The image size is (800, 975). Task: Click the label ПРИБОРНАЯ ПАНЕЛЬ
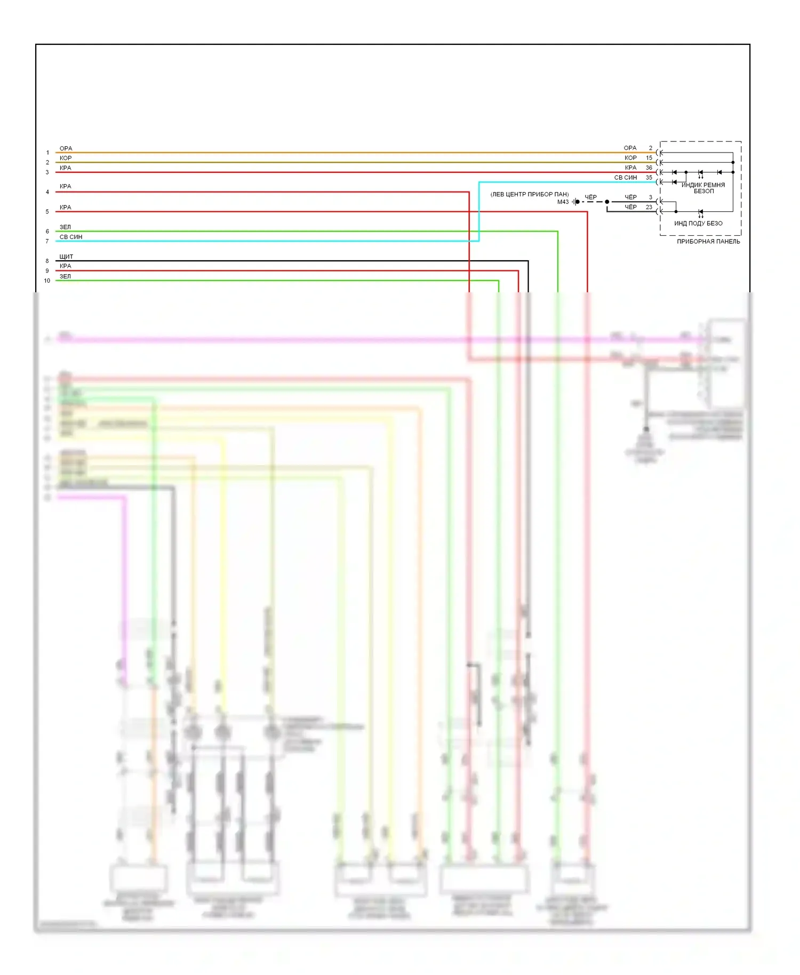pyautogui.click(x=708, y=242)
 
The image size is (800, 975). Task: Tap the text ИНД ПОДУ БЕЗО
pyautogui.click(x=698, y=223)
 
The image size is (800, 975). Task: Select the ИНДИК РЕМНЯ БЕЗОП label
pyautogui.click(x=703, y=188)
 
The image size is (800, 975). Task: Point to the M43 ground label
pyautogui.click(x=563, y=202)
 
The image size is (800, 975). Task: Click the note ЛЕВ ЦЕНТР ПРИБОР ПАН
pyautogui.click(x=530, y=195)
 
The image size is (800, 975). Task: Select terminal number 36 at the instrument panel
pyautogui.click(x=649, y=167)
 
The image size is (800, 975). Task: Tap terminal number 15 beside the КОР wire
pyautogui.click(x=649, y=158)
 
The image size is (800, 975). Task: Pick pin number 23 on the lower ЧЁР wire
pyautogui.click(x=649, y=207)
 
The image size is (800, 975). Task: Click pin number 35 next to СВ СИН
pyautogui.click(x=649, y=178)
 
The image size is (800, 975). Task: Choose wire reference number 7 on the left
pyautogui.click(x=47, y=242)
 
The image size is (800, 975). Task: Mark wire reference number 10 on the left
pyautogui.click(x=47, y=281)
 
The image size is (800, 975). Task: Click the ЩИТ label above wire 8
pyautogui.click(x=66, y=257)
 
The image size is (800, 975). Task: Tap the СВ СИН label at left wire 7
pyautogui.click(x=71, y=237)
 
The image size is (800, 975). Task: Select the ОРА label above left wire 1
pyautogui.click(x=66, y=148)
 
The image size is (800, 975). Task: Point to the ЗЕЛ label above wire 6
pyautogui.click(x=65, y=227)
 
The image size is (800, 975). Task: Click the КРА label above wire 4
pyautogui.click(x=65, y=186)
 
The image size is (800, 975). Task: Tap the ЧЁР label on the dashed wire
pyautogui.click(x=590, y=197)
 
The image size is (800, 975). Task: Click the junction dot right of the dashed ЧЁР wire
pyautogui.click(x=607, y=202)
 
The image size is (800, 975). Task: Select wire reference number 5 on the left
pyautogui.click(x=47, y=212)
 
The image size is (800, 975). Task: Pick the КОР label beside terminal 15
pyautogui.click(x=630, y=158)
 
